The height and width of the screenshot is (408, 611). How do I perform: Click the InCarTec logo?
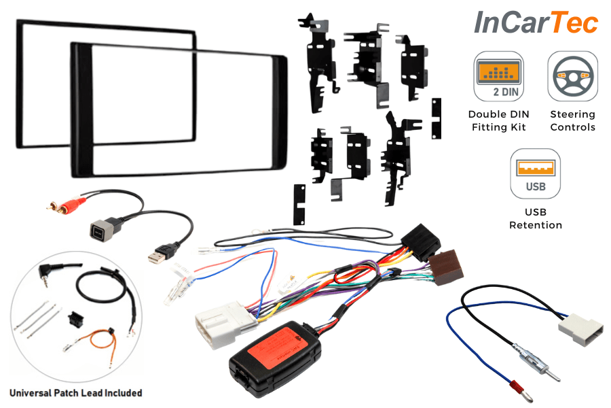[x=536, y=23]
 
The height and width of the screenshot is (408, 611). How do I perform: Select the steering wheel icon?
[x=572, y=75]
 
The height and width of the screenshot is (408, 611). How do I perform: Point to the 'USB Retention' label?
[x=536, y=219]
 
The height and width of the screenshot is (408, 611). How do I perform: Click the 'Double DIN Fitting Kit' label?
[x=498, y=120]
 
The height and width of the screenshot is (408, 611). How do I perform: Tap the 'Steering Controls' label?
[x=572, y=120]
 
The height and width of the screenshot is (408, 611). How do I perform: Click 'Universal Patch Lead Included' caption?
[x=75, y=392]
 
